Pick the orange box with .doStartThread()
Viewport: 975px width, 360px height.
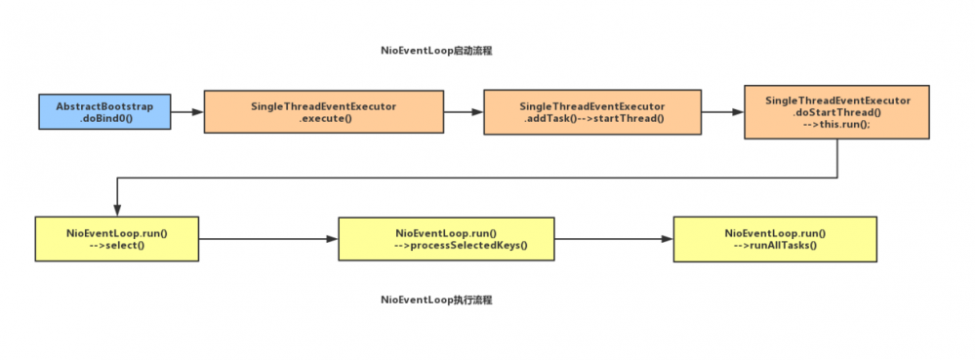click(837, 114)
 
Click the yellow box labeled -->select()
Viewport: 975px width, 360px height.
click(116, 239)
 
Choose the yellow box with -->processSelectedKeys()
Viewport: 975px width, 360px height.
click(446, 239)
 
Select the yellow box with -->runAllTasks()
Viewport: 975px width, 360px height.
click(775, 239)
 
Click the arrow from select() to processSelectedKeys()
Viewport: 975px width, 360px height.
click(268, 239)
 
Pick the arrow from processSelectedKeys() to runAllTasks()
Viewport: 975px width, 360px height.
click(613, 239)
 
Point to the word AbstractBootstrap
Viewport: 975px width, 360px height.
click(104, 105)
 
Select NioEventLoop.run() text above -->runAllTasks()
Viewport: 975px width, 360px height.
click(775, 232)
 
